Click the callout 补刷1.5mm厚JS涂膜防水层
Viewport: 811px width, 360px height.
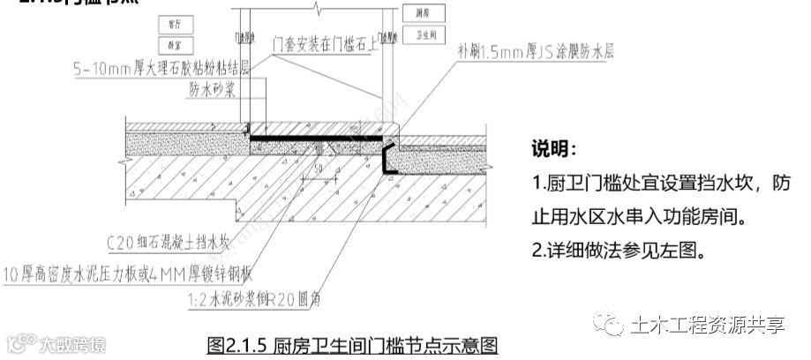click(532, 51)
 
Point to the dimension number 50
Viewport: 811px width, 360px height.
click(316, 168)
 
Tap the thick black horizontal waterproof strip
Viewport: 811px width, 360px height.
click(318, 138)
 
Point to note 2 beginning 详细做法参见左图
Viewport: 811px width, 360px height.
click(618, 251)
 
